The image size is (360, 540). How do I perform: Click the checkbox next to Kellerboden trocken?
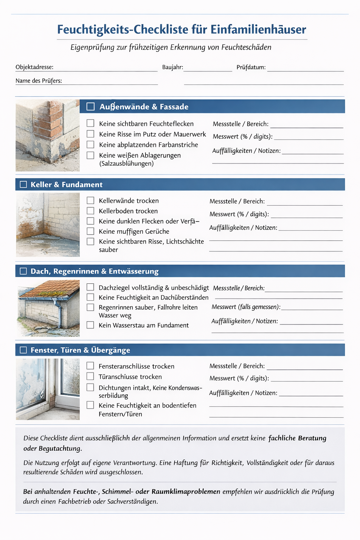coord(90,211)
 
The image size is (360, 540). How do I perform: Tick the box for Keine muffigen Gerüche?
coord(90,231)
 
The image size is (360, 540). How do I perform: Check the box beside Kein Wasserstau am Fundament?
coord(90,325)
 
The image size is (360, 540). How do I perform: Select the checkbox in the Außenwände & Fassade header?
coord(90,107)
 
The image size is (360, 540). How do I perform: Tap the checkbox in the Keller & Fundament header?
coord(23,185)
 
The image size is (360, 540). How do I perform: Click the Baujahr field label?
coord(172,67)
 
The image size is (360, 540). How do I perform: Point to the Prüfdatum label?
coord(251,67)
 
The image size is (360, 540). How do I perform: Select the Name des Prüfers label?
coord(39,81)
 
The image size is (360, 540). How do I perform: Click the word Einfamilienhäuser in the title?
coord(258,30)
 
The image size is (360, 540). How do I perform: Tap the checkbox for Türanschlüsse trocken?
coord(90,376)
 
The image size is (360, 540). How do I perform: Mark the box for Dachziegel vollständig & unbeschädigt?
coord(90,287)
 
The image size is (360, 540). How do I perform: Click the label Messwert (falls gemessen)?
coord(246,307)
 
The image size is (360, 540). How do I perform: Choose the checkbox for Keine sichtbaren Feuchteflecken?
coord(90,123)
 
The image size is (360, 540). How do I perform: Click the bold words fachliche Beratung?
coord(297,438)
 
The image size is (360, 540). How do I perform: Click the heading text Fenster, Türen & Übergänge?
coord(80,350)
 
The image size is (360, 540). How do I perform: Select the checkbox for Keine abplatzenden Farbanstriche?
coord(90,144)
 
